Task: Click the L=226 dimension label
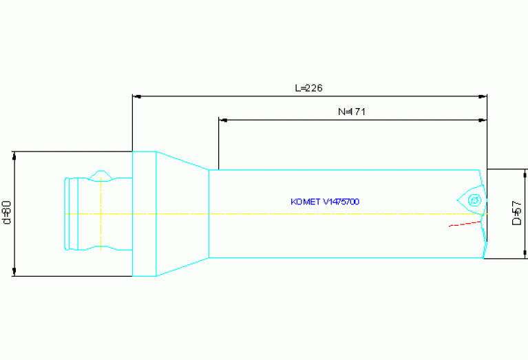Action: [x=309, y=88]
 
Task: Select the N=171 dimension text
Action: [x=352, y=112]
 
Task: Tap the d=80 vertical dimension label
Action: [x=7, y=213]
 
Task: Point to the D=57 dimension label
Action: [x=516, y=213]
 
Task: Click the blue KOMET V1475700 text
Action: [x=325, y=202]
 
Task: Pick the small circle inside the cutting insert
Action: [x=474, y=200]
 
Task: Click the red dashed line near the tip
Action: [x=465, y=224]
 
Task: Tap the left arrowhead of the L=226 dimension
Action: [x=137, y=96]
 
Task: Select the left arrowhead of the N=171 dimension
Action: [x=223, y=120]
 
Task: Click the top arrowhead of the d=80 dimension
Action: [x=14, y=156]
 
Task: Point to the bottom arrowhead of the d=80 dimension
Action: [x=14, y=272]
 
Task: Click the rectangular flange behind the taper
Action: [x=145, y=214]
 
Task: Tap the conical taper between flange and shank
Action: [x=183, y=214]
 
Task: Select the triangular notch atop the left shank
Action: [x=101, y=176]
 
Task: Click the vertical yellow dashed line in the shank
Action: [x=101, y=214]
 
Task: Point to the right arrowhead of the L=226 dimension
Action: [x=483, y=96]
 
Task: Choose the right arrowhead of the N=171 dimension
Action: [x=483, y=120]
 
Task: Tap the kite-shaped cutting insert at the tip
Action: [x=472, y=200]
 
